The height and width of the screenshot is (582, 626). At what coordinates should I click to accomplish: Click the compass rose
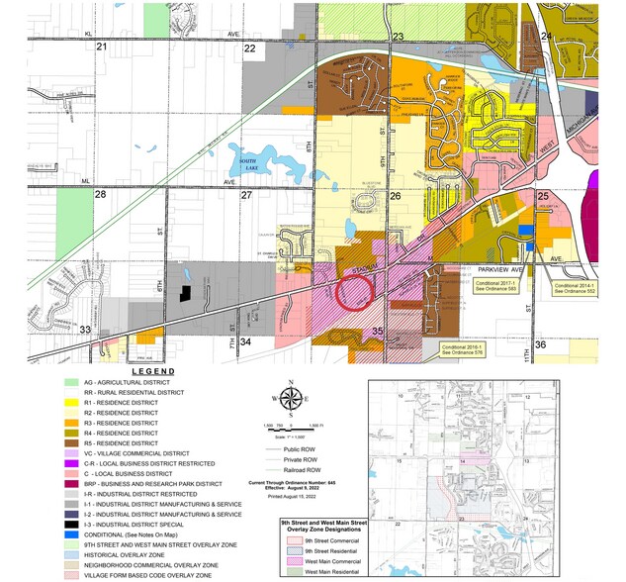[291, 400]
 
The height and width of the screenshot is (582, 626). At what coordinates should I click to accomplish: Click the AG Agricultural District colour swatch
[71, 382]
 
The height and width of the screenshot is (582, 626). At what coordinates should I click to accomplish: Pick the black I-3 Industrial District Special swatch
[71, 524]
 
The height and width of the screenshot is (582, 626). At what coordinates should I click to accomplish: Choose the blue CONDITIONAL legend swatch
[71, 533]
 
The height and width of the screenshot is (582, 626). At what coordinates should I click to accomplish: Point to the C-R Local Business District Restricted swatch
[71, 462]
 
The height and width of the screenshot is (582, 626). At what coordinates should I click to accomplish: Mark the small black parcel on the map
[184, 293]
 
